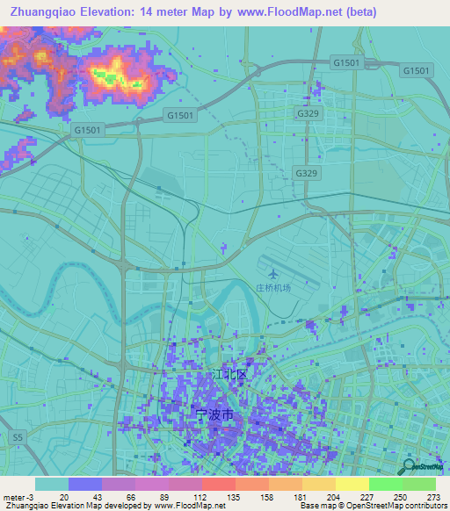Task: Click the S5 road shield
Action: [x=18, y=435]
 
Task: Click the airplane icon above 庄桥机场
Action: [x=271, y=273]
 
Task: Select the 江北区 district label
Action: [x=231, y=374]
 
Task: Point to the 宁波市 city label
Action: [x=214, y=412]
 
